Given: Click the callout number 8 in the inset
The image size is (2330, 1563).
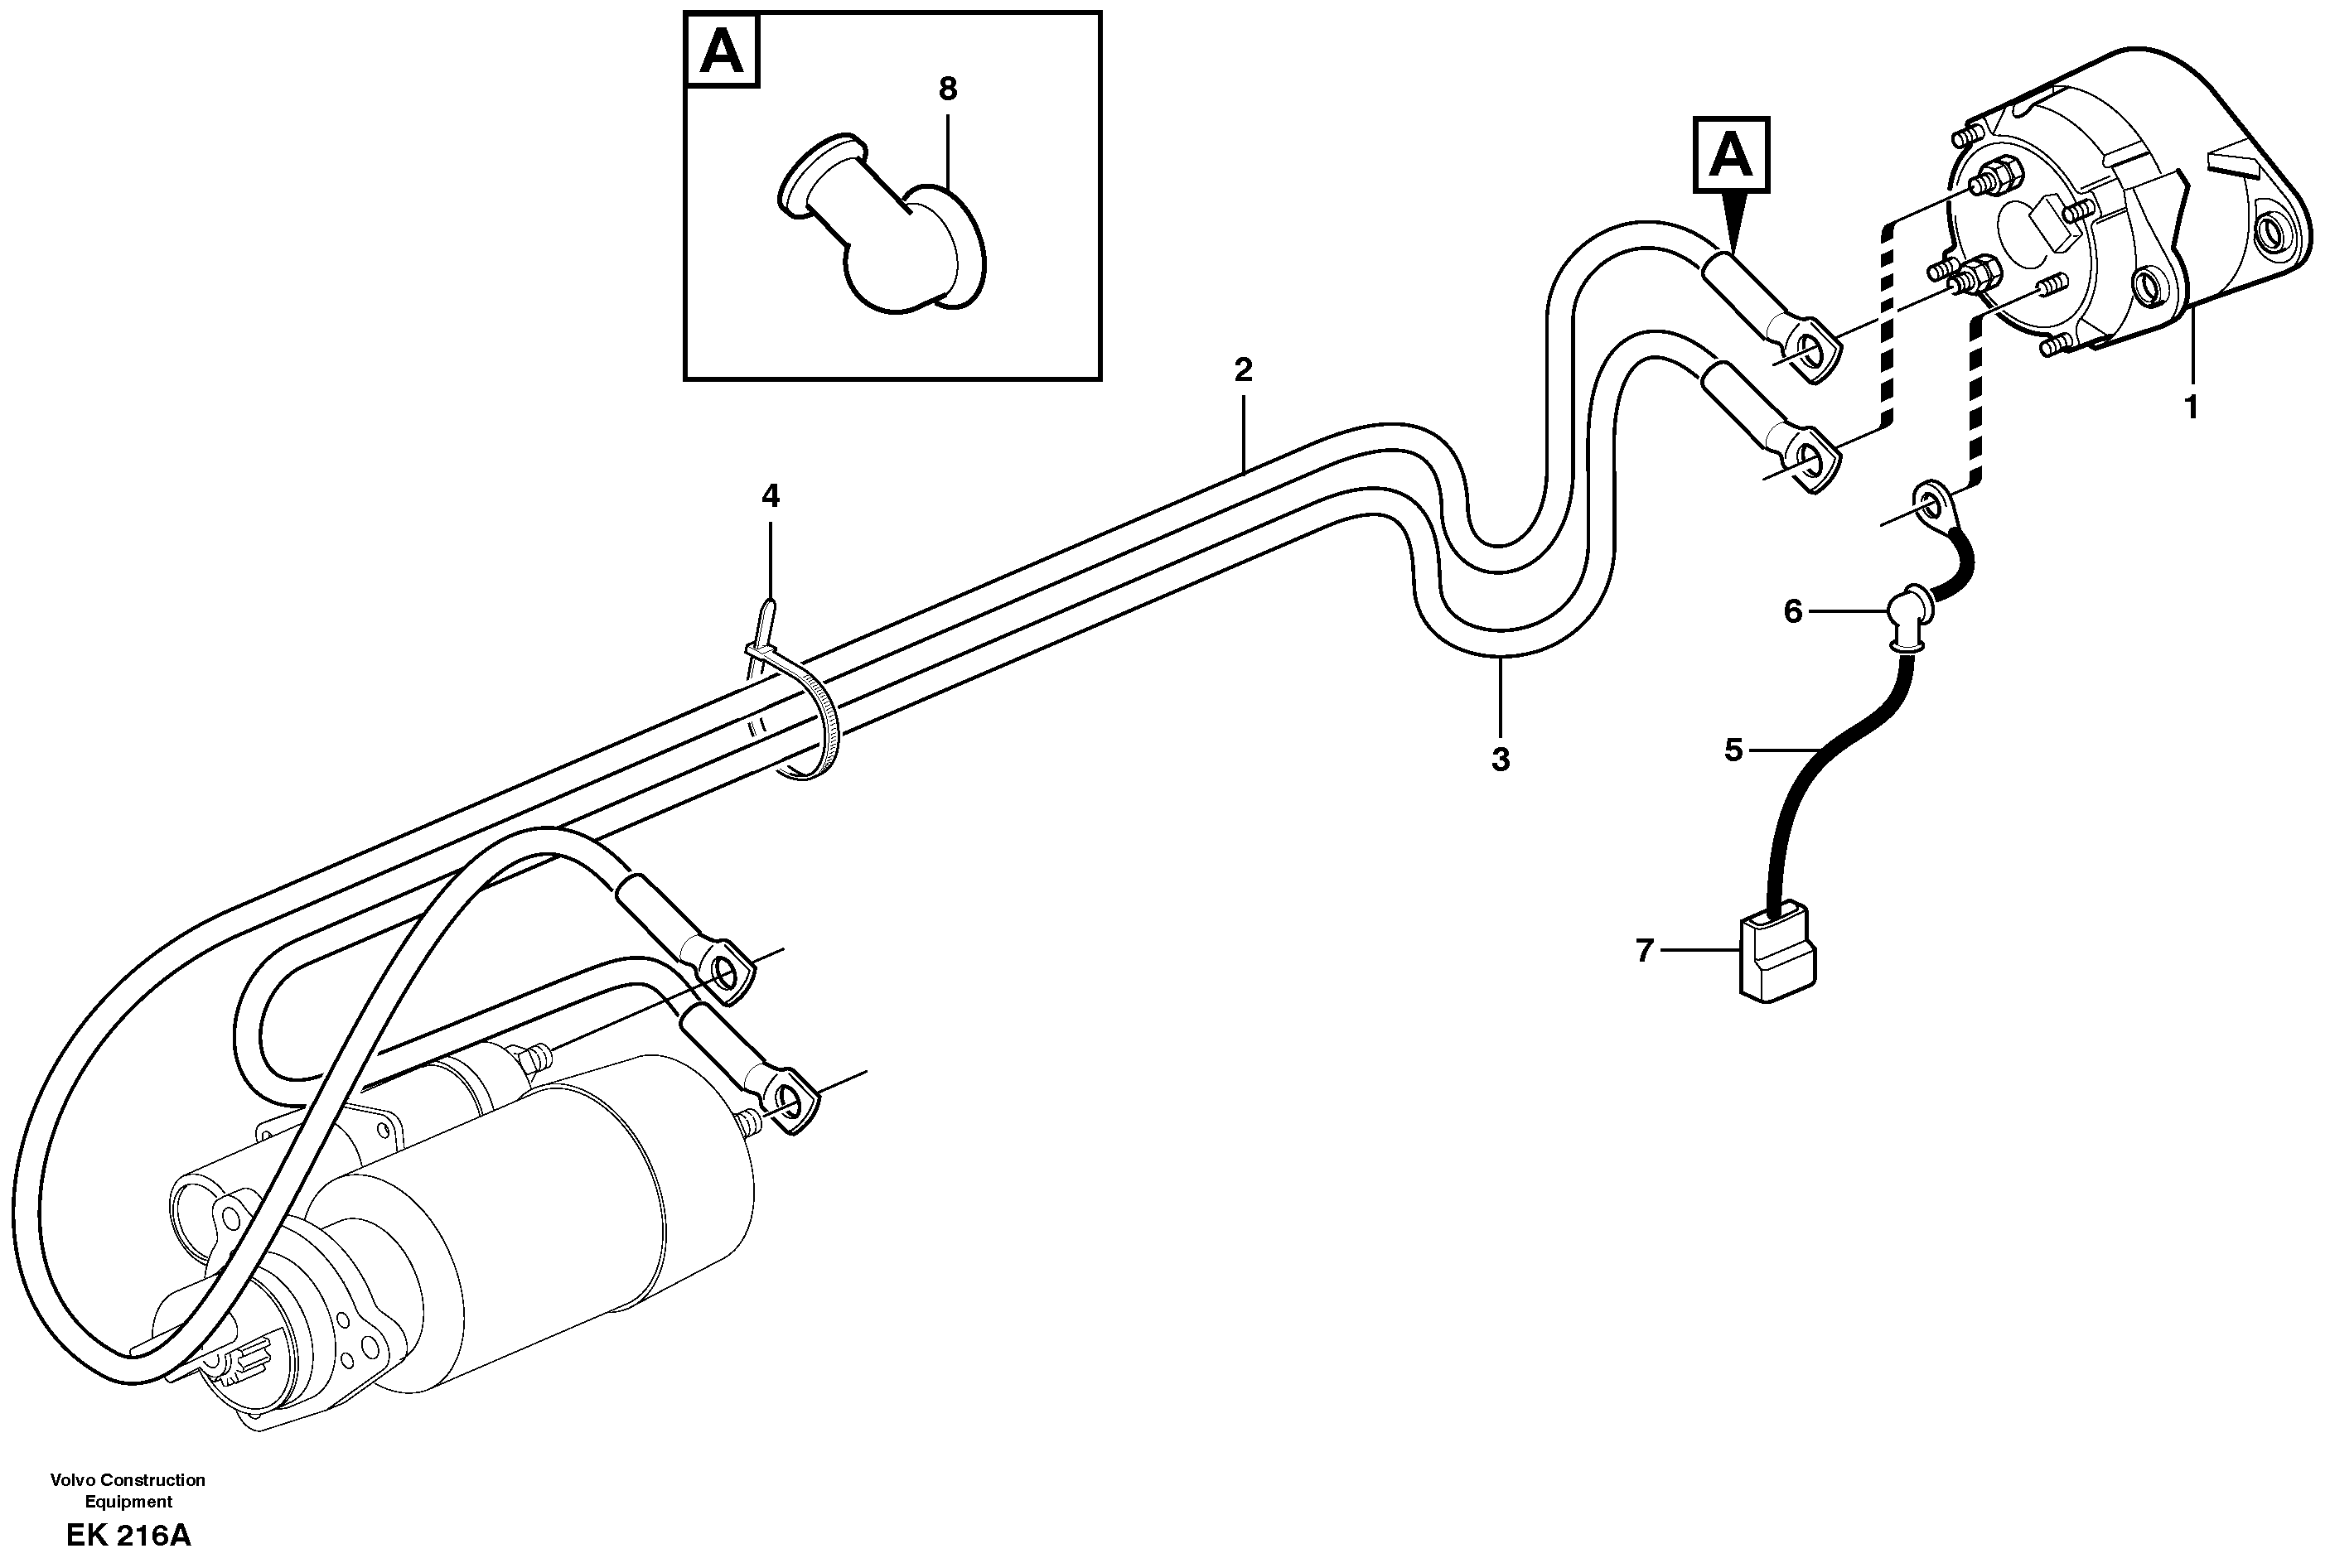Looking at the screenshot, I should (x=947, y=89).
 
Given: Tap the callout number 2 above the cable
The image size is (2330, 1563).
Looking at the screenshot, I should (x=1242, y=369).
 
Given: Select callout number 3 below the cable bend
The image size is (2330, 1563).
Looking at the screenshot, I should (x=1501, y=760).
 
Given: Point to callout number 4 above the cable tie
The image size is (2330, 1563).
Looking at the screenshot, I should (x=770, y=495).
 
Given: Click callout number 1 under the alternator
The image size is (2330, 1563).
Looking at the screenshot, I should (x=2191, y=408).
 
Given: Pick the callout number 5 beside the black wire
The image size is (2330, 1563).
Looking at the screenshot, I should (x=1733, y=750).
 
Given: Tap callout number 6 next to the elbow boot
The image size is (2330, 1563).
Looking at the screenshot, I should (x=1792, y=612).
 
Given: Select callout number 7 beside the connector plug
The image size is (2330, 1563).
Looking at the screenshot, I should (x=1644, y=951).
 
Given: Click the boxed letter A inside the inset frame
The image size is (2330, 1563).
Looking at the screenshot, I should (x=722, y=51).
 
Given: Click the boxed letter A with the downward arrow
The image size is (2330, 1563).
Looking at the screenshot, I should (x=1732, y=156).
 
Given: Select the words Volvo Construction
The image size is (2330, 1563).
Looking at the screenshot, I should (x=128, y=1480).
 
